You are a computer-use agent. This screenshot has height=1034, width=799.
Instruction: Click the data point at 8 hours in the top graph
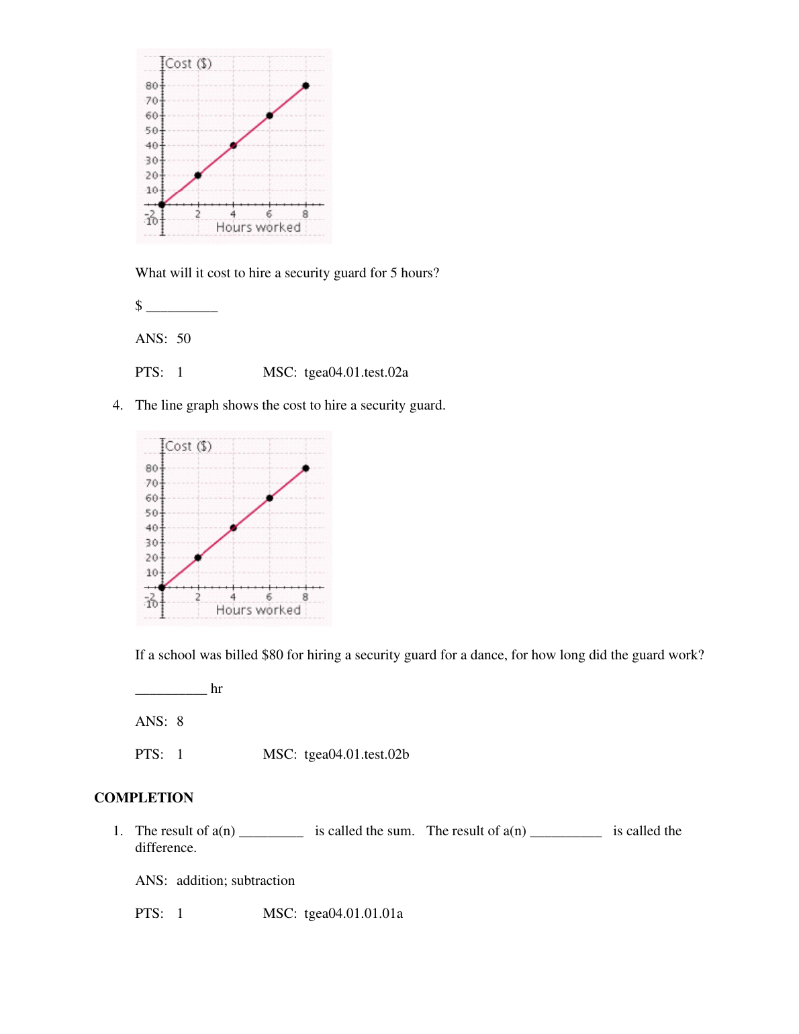point(305,86)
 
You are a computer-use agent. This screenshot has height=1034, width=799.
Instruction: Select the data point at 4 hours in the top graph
point(234,145)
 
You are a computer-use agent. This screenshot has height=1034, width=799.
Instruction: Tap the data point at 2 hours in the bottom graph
point(198,557)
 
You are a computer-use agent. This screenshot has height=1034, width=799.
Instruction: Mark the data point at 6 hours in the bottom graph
point(269,498)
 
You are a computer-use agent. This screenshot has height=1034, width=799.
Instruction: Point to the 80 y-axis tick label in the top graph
point(152,86)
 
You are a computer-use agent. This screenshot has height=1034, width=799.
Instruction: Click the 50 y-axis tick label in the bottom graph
point(152,513)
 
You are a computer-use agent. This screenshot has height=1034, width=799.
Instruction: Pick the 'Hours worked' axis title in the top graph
point(258,228)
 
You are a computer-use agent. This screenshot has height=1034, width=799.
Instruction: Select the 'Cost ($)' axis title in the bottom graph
point(189,446)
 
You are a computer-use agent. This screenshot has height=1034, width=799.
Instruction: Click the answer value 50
point(183,339)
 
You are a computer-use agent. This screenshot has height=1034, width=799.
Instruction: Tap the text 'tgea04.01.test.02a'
point(356,373)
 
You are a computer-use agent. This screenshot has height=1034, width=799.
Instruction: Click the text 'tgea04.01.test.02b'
point(357,755)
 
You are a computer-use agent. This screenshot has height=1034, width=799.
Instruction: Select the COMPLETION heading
point(144,798)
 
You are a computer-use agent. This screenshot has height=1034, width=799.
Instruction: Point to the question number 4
point(117,406)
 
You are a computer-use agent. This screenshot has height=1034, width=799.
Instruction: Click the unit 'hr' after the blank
point(216,689)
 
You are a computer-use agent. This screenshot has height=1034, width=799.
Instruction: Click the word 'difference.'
point(166,848)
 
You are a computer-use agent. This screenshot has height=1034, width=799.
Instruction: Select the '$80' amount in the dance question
point(273,655)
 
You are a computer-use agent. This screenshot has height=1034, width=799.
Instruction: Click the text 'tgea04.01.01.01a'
point(353,914)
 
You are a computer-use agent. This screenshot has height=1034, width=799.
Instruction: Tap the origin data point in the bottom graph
point(162,587)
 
